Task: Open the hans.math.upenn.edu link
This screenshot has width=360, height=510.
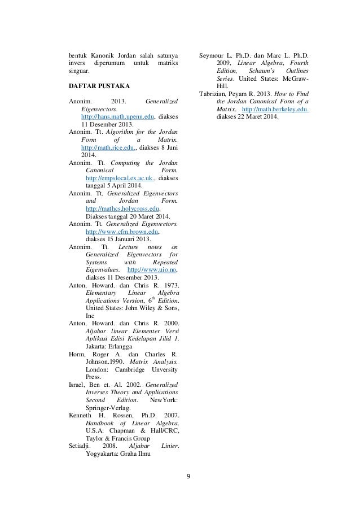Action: [118, 116]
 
